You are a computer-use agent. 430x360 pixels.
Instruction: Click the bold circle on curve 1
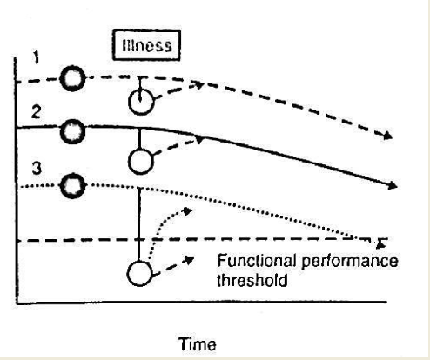(x=74, y=81)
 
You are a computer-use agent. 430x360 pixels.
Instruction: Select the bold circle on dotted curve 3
(x=74, y=185)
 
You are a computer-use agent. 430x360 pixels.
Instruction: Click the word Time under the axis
(x=197, y=344)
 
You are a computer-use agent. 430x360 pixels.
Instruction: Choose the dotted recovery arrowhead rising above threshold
(x=186, y=210)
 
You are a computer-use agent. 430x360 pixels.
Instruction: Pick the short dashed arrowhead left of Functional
(x=189, y=258)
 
